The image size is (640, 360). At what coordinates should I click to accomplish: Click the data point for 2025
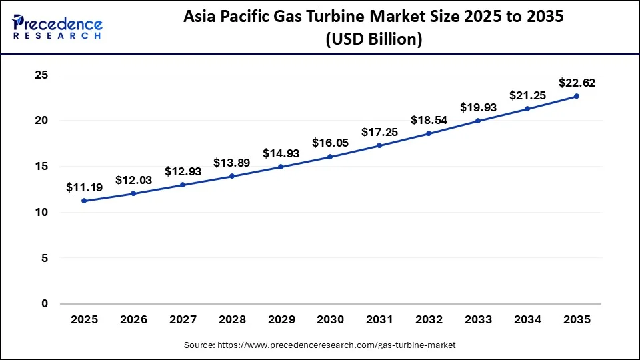click(x=84, y=201)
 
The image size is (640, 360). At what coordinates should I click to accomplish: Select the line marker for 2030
click(x=331, y=157)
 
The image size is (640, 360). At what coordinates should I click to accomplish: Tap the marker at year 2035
click(x=577, y=96)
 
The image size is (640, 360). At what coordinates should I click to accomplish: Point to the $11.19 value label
click(x=83, y=188)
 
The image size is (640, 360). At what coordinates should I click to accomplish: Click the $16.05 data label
click(x=330, y=143)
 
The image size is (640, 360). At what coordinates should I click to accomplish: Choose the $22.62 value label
click(x=577, y=83)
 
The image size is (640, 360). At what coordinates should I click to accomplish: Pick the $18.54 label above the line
click(x=429, y=121)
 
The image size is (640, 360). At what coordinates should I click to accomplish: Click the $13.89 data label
click(x=231, y=163)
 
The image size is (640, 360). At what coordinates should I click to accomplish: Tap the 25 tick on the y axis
click(x=41, y=75)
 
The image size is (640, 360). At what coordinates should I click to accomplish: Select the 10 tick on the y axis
click(x=41, y=212)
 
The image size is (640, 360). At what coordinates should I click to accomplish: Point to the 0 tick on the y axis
click(x=45, y=303)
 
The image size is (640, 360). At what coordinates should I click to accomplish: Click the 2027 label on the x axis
click(x=183, y=320)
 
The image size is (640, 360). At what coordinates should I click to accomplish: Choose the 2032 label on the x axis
click(x=429, y=320)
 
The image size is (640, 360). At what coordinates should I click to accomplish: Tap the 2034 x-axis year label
click(x=527, y=320)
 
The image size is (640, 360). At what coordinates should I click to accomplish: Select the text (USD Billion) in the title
click(x=374, y=40)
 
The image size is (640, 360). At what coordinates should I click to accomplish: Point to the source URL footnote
click(x=319, y=345)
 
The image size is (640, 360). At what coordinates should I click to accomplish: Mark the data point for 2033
click(x=478, y=121)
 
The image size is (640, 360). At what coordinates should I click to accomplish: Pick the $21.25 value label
click(x=527, y=95)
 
